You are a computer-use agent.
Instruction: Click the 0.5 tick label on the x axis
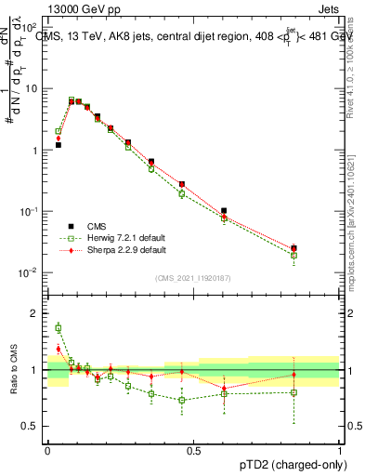click(x=193, y=450)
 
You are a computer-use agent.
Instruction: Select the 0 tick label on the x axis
click(x=47, y=450)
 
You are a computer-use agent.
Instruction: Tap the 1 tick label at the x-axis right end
click(x=340, y=450)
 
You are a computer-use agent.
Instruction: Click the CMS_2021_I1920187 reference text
click(x=193, y=278)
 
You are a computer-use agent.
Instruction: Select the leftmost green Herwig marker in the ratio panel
click(x=58, y=328)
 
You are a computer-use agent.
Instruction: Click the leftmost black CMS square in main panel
click(x=58, y=145)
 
